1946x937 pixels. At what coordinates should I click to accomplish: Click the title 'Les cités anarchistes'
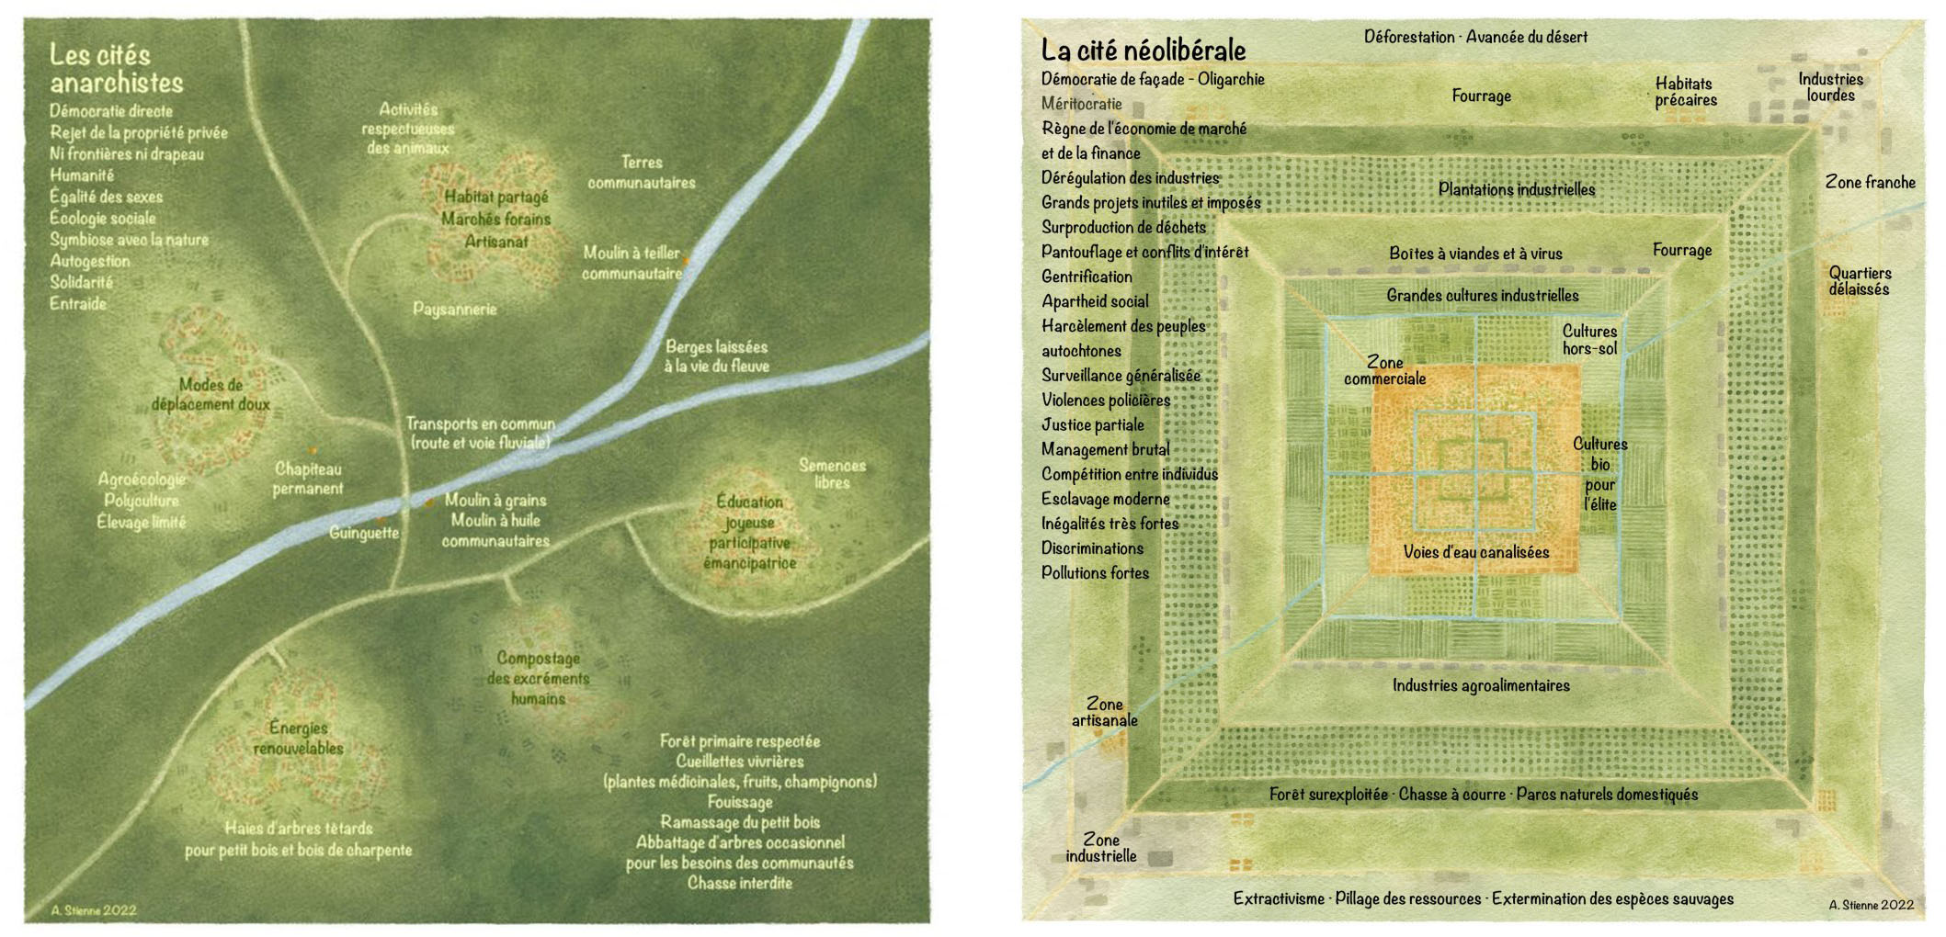pyautogui.click(x=116, y=69)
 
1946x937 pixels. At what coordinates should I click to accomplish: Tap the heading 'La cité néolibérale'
pyautogui.click(x=1143, y=50)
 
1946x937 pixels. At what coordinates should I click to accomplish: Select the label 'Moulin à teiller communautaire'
pyautogui.click(x=632, y=263)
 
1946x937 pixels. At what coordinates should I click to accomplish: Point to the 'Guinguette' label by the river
pyautogui.click(x=364, y=533)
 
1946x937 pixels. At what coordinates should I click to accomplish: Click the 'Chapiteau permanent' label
pyautogui.click(x=308, y=479)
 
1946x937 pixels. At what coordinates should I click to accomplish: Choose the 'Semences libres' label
pyautogui.click(x=832, y=473)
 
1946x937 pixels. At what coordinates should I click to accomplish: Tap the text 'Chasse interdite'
pyautogui.click(x=739, y=883)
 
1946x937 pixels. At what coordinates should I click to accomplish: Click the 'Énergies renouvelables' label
pyautogui.click(x=298, y=738)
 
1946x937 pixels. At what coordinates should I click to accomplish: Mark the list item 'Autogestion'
pyautogui.click(x=89, y=261)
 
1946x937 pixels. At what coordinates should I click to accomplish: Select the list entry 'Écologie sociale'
pyautogui.click(x=102, y=218)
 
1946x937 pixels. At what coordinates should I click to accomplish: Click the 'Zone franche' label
pyautogui.click(x=1870, y=182)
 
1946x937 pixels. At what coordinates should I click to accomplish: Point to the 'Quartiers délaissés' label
pyautogui.click(x=1859, y=281)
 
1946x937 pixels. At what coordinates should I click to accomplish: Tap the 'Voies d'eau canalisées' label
pyautogui.click(x=1475, y=552)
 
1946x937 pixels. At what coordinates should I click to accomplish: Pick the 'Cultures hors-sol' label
pyautogui.click(x=1589, y=340)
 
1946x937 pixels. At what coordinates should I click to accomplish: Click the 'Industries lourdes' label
pyautogui.click(x=1830, y=86)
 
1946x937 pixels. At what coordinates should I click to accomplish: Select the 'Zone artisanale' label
pyautogui.click(x=1104, y=712)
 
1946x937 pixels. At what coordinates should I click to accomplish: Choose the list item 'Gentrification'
pyautogui.click(x=1087, y=277)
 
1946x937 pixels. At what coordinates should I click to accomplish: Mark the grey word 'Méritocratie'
pyautogui.click(x=1081, y=104)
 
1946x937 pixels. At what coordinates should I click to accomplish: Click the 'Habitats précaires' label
pyautogui.click(x=1685, y=92)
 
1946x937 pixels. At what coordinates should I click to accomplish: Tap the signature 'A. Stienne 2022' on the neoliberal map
pyautogui.click(x=1871, y=905)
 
